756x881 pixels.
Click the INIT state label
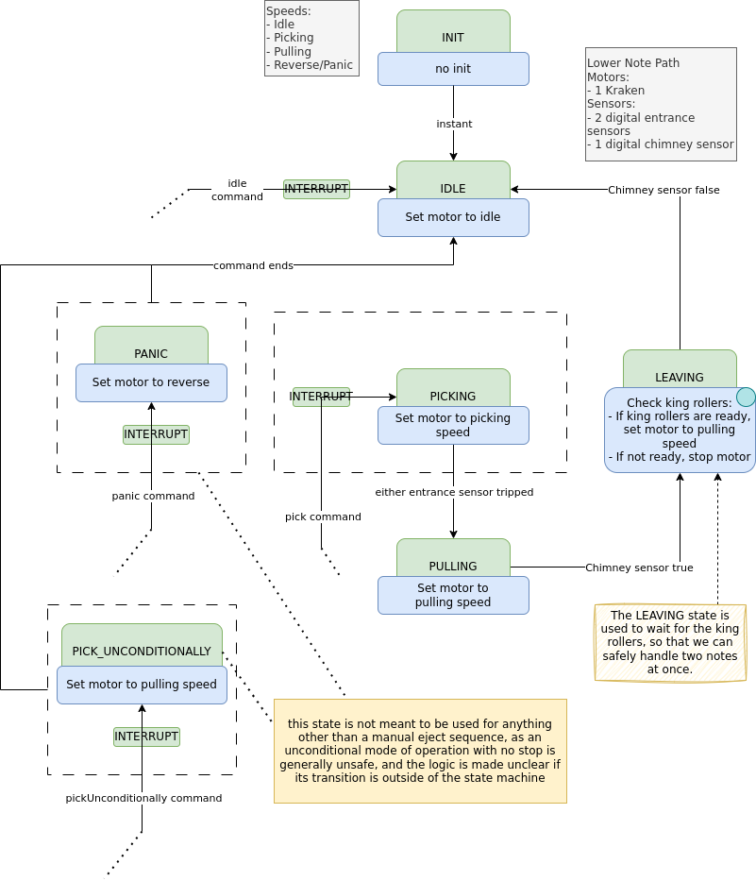tap(453, 37)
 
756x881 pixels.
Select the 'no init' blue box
tap(453, 69)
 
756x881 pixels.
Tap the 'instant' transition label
tap(454, 124)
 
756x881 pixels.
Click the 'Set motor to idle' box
tap(453, 217)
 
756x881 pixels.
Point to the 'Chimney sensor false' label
tap(664, 190)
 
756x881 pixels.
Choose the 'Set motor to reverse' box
tap(151, 382)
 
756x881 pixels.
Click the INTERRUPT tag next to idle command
tap(316, 189)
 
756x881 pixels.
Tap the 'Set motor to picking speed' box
tap(453, 425)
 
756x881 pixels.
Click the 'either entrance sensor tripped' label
tap(454, 492)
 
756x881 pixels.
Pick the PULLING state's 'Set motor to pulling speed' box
tap(453, 595)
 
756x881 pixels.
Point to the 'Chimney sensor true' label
tap(639, 568)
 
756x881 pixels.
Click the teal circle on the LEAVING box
tap(746, 397)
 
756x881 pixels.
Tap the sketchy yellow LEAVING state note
tap(670, 642)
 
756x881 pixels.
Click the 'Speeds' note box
tap(311, 38)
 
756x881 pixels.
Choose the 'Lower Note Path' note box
tap(661, 104)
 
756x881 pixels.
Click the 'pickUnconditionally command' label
tap(143, 798)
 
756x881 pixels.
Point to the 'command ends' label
tap(253, 265)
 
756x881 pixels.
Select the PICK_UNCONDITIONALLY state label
tap(142, 651)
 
